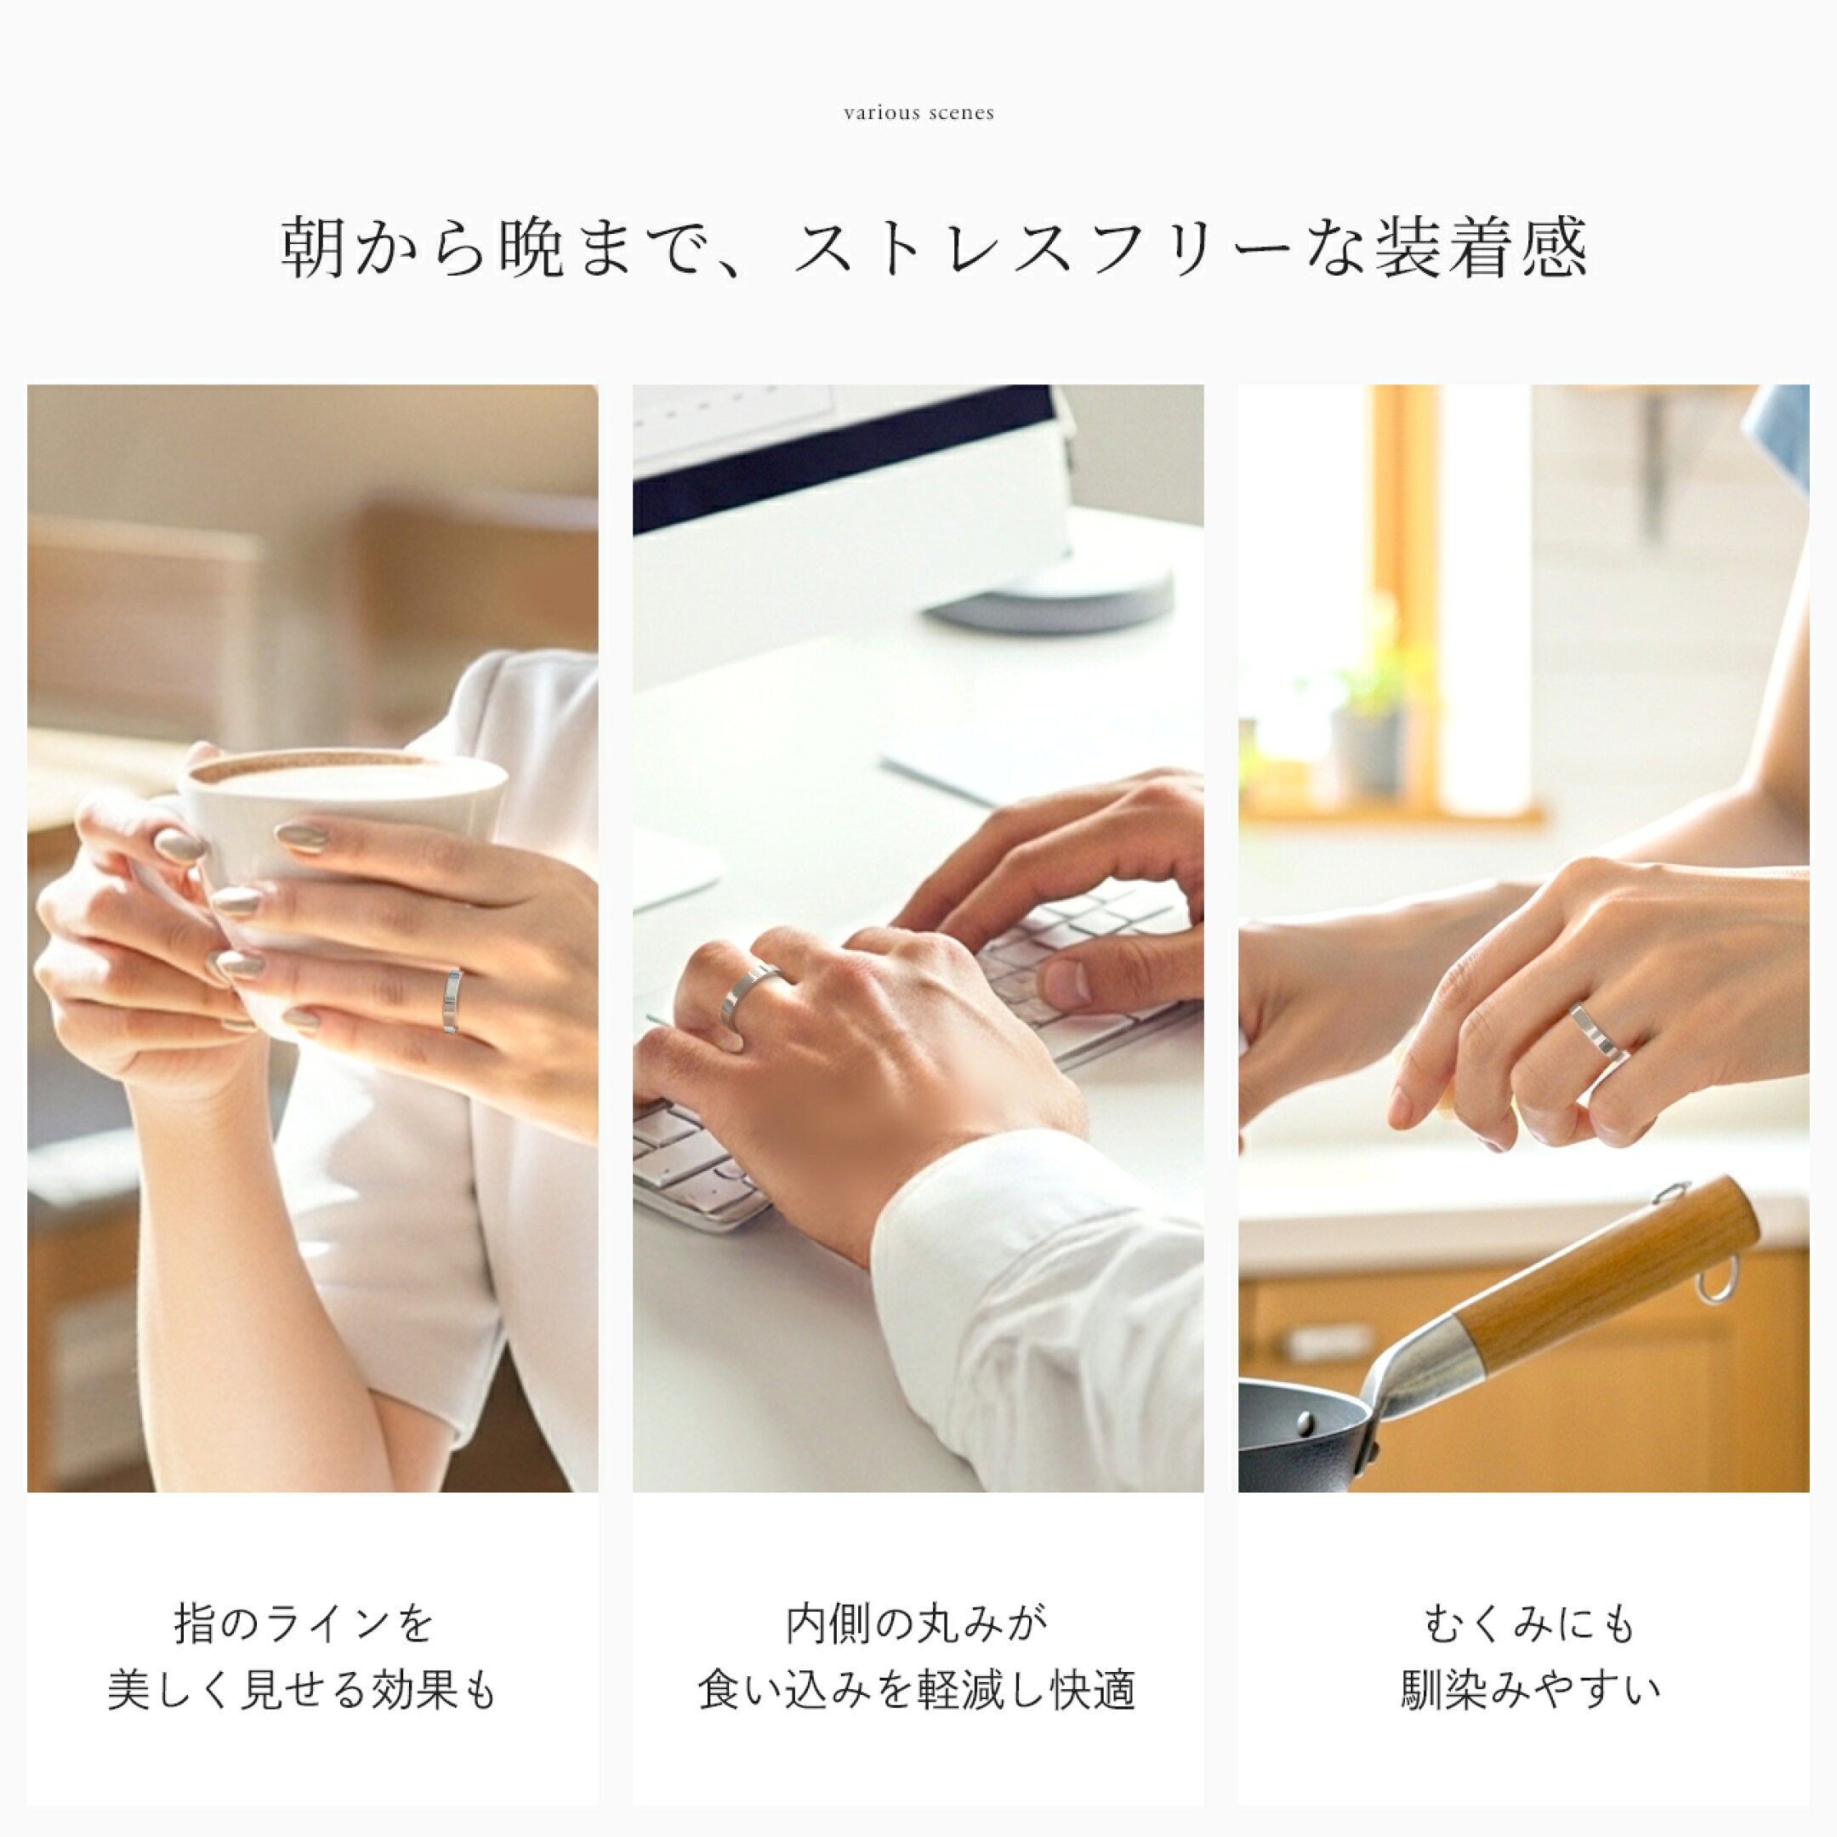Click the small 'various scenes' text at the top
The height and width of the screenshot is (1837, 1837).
(918, 113)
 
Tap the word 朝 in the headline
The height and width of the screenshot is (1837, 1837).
(314, 247)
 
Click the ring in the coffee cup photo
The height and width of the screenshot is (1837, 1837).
(452, 1001)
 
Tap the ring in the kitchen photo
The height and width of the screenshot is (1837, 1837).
(1597, 1032)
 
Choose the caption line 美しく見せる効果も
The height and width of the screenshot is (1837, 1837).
(304, 1692)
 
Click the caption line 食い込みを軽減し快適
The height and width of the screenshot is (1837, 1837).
(918, 1692)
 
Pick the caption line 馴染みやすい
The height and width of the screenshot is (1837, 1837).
(1530, 1692)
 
